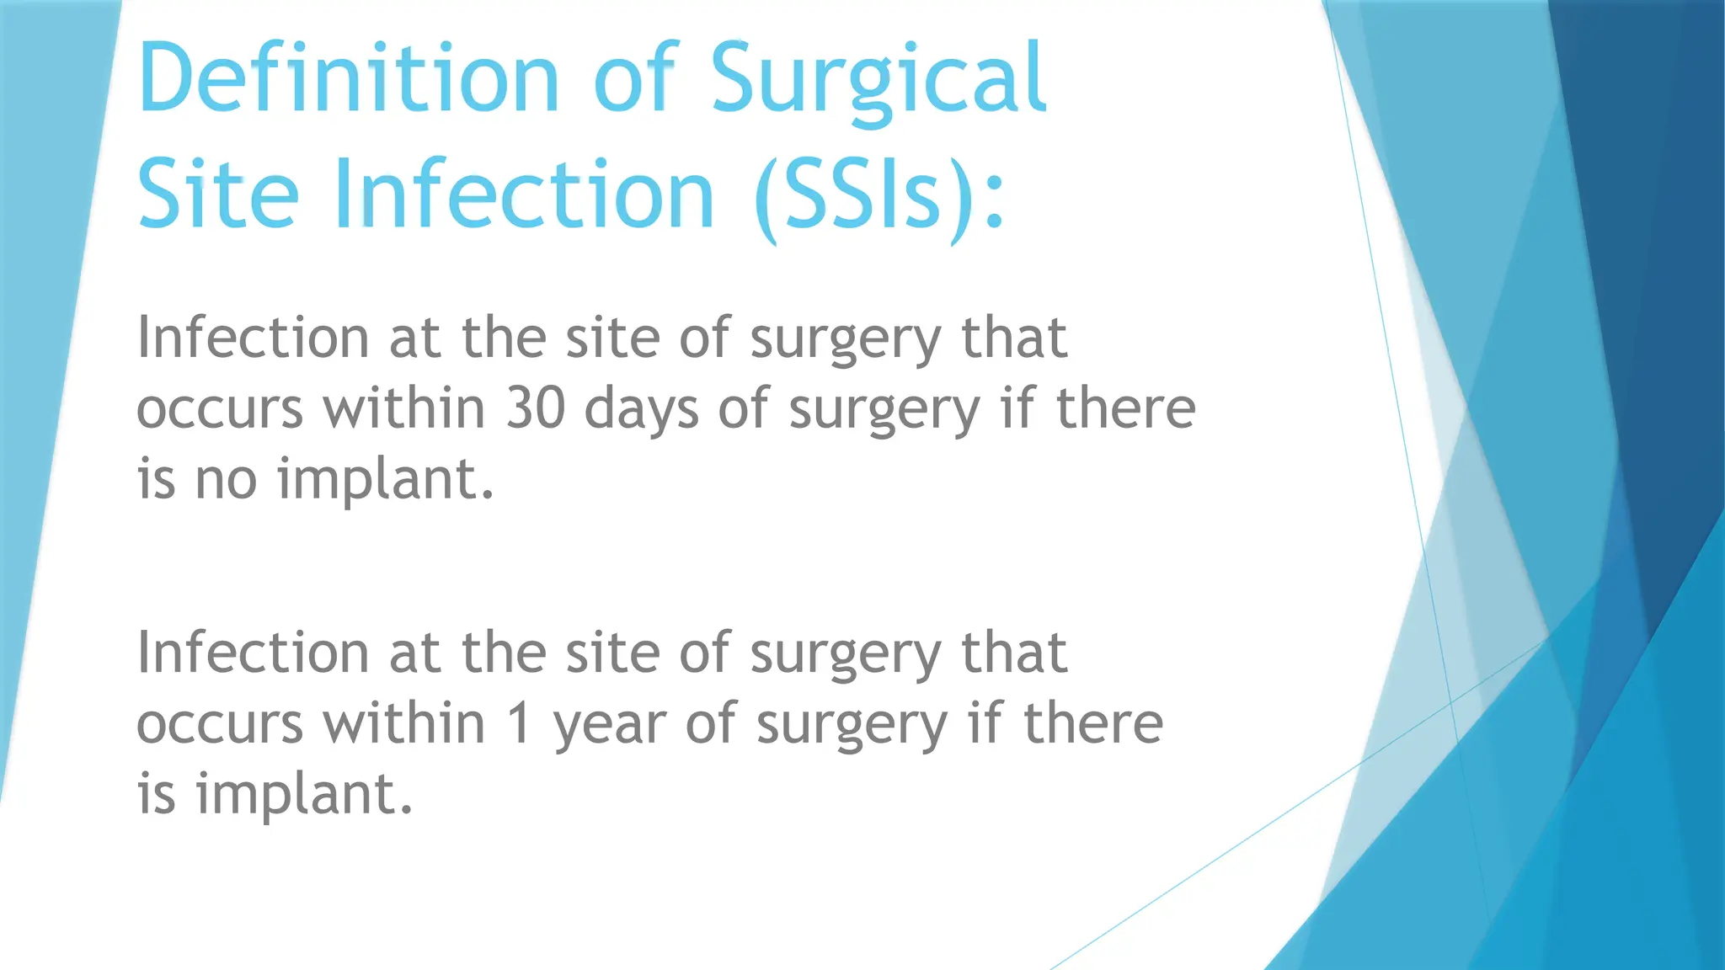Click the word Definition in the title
[348, 77]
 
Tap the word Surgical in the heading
[879, 77]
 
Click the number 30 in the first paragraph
[536, 409]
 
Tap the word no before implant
[226, 480]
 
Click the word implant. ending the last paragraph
[304, 795]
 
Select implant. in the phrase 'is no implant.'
[385, 480]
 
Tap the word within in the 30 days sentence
[404, 409]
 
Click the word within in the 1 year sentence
[404, 724]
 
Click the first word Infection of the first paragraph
[253, 338]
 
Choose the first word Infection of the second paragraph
[253, 653]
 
